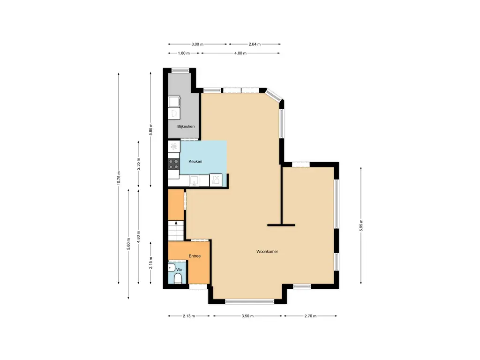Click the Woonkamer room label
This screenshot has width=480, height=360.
pos(267,252)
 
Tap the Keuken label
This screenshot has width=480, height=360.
pos(195,162)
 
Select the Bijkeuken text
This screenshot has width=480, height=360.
pos(186,127)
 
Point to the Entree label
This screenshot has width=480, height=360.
pos(195,256)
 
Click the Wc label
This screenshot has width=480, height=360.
pos(179,270)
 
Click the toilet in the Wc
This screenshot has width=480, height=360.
pos(177,279)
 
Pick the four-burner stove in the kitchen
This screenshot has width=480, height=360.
pos(174,164)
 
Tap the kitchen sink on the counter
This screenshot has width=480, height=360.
pos(194,180)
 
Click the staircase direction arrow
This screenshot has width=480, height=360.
pos(176,230)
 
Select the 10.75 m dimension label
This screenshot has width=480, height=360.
pos(119,178)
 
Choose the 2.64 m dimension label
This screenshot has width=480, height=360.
pos(254,44)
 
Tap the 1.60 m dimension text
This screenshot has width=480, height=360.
pos(184,53)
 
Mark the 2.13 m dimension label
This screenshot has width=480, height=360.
pos(189,316)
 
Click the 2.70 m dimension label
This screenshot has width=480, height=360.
pos(310,316)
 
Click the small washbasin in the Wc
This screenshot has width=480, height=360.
pos(172,268)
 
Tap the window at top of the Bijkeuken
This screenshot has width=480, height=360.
pos(178,70)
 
